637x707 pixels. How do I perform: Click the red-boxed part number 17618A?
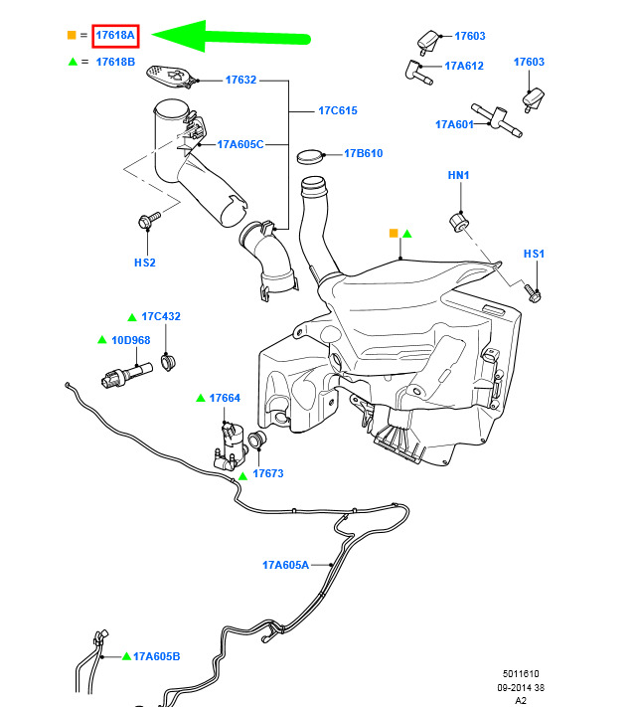click(115, 36)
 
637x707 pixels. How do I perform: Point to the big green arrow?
click(232, 36)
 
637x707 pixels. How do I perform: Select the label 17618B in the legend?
click(115, 62)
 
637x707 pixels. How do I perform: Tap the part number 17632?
click(241, 80)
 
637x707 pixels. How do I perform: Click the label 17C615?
click(338, 110)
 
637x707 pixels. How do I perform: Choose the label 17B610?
click(364, 153)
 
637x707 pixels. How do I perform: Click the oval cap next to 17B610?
click(310, 156)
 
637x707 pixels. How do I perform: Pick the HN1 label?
click(458, 175)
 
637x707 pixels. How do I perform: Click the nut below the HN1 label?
click(458, 222)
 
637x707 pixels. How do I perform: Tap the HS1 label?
click(534, 254)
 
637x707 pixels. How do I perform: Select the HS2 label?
click(145, 263)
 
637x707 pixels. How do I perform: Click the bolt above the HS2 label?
click(149, 220)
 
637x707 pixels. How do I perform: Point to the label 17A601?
click(454, 124)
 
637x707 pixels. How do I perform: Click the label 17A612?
click(464, 66)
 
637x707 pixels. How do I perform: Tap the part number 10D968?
click(130, 340)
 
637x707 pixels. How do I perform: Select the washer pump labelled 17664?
click(232, 445)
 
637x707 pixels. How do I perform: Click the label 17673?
click(268, 473)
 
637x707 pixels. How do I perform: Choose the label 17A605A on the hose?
click(285, 565)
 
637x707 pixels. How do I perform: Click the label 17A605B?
click(156, 656)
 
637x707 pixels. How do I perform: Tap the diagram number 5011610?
click(521, 673)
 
